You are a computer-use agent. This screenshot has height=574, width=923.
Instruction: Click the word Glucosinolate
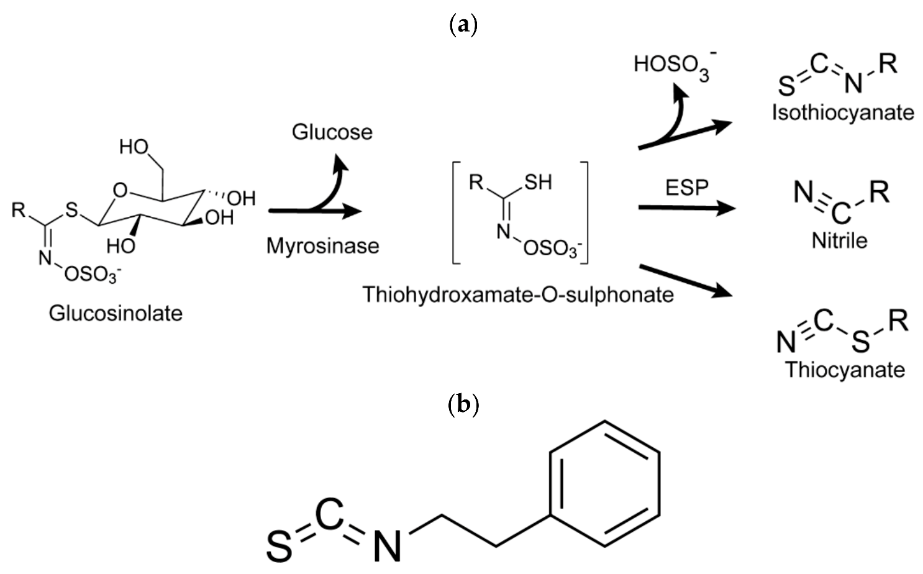(116, 313)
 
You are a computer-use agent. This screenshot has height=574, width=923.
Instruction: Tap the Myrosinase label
(322, 246)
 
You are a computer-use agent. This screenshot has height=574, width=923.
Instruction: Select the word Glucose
(332, 132)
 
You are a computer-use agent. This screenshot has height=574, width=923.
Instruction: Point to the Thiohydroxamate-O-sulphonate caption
(518, 294)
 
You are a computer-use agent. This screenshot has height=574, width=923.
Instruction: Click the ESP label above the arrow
(686, 188)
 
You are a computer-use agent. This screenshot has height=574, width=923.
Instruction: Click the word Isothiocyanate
(843, 112)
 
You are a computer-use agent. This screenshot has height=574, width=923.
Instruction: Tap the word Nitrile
(839, 240)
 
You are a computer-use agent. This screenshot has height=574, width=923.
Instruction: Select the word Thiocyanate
(845, 370)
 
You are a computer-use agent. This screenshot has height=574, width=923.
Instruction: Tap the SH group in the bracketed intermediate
(538, 182)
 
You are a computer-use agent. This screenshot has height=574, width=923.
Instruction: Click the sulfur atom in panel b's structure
(280, 546)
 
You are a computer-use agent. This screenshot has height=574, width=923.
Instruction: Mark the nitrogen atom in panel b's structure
(387, 545)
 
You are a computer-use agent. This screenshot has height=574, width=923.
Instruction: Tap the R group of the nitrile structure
(879, 193)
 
